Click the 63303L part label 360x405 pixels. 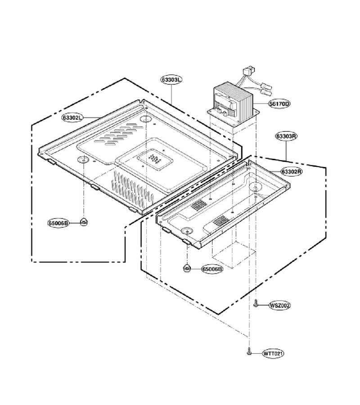171,80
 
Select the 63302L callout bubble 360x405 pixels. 72,117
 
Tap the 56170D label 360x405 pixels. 279,104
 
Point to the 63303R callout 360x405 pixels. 286,136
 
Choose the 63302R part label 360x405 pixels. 292,171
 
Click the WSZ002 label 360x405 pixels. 280,305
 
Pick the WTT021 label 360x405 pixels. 273,353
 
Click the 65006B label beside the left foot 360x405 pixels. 58,223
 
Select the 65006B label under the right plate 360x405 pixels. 212,269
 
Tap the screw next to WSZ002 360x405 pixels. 256,303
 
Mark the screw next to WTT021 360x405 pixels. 249,351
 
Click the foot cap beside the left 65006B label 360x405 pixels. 84,221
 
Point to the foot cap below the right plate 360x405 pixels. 187,268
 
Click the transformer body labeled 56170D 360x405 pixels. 233,101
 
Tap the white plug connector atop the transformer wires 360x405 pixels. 249,71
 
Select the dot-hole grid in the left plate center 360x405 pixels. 154,160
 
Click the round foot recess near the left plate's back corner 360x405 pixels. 146,119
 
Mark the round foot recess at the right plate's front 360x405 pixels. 187,231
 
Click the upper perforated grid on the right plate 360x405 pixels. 199,204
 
